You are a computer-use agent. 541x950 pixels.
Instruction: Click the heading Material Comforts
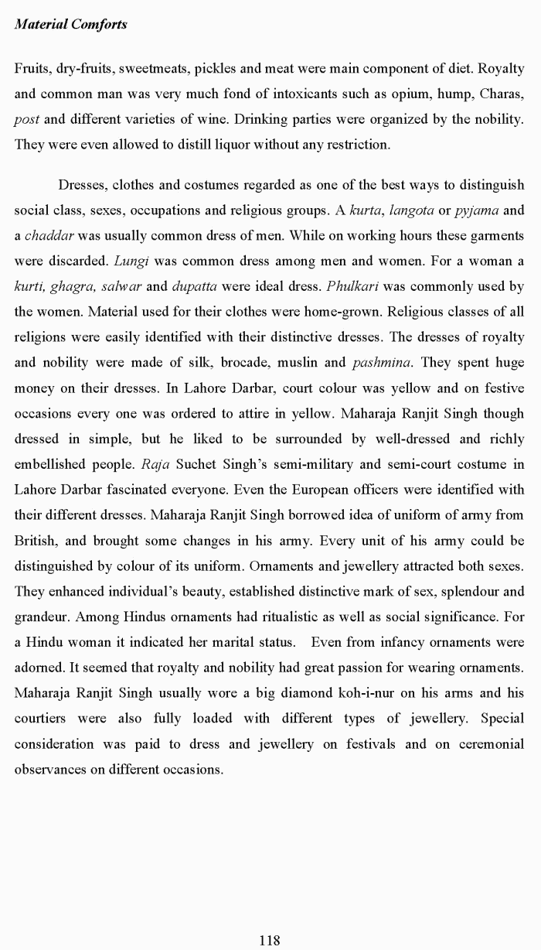click(71, 24)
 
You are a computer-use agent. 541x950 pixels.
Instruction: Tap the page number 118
click(270, 940)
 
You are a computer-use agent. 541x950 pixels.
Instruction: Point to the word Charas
click(502, 94)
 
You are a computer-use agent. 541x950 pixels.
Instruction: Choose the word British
click(35, 540)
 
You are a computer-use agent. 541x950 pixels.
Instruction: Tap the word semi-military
click(287, 464)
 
